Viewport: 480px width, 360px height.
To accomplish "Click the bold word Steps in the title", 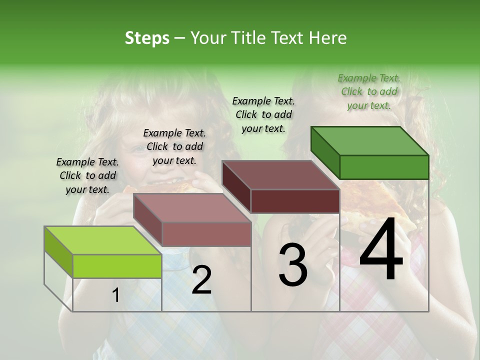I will [147, 38].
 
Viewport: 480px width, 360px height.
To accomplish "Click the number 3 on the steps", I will [293, 265].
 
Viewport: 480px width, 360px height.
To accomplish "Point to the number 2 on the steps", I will [201, 280].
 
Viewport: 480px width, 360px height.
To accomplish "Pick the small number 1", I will [116, 295].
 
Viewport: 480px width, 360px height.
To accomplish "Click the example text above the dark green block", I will [369, 91].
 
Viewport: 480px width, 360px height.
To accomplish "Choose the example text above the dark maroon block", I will [263, 114].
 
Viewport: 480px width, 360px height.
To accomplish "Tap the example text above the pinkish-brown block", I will [174, 146].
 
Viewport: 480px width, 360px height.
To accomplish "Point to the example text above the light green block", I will [87, 175].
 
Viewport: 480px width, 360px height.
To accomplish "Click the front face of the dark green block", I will [384, 167].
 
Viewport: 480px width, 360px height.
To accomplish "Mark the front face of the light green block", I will [117, 266].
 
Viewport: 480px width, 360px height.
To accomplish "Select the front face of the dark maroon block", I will [295, 201].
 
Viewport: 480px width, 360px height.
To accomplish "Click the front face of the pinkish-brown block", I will [206, 234].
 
